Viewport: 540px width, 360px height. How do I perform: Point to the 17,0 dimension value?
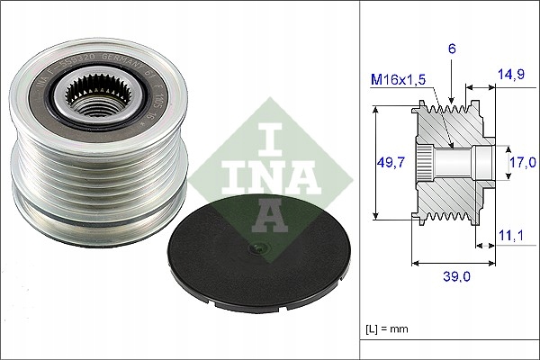coord(522,162)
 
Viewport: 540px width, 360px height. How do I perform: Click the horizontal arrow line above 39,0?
coord(454,264)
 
